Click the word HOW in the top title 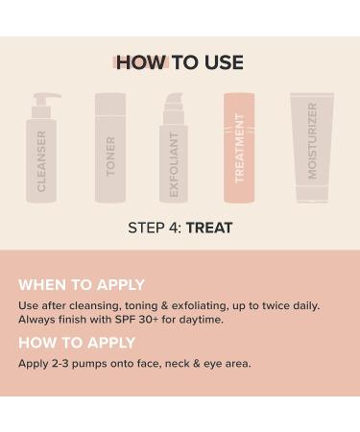[x=140, y=63]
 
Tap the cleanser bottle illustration [x=42, y=158]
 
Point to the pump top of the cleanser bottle [x=44, y=99]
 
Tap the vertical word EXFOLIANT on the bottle [x=174, y=164]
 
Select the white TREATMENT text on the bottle [x=239, y=148]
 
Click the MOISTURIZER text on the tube [x=312, y=140]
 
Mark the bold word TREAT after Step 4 [x=209, y=228]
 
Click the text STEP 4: [x=155, y=228]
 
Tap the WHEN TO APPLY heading [x=82, y=285]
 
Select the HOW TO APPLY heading [x=77, y=343]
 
